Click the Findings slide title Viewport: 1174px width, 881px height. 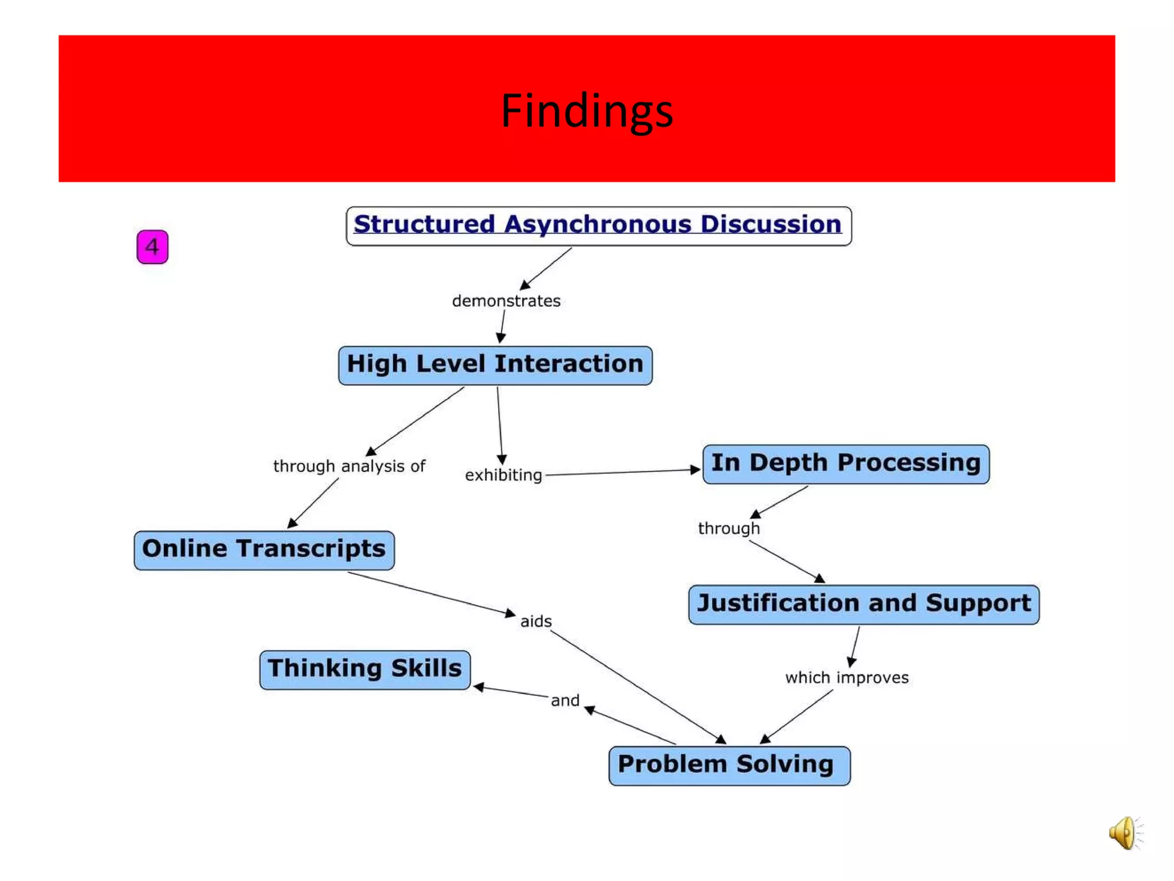click(x=586, y=110)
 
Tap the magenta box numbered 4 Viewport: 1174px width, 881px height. click(x=152, y=247)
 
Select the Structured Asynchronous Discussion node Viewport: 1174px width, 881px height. click(x=598, y=226)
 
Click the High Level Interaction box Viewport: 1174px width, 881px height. click(x=495, y=365)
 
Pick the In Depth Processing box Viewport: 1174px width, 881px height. click(x=846, y=463)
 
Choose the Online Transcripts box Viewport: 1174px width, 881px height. click(x=264, y=549)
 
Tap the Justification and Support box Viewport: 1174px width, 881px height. click(x=863, y=604)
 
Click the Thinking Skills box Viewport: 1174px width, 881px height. click(x=365, y=669)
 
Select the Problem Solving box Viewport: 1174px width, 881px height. click(x=729, y=765)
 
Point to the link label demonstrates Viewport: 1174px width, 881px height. click(x=506, y=301)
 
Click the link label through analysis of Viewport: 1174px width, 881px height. click(x=349, y=466)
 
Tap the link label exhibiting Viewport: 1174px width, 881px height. click(x=503, y=475)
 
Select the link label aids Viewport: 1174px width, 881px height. click(x=536, y=621)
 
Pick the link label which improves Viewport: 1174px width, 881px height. click(x=847, y=677)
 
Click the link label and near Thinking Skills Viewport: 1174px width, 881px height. click(x=565, y=700)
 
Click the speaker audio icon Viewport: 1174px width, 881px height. click(x=1124, y=833)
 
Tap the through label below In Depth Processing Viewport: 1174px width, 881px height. click(x=729, y=528)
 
